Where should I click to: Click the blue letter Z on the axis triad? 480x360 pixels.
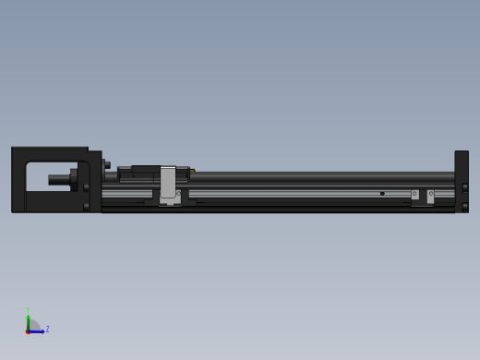click(x=47, y=329)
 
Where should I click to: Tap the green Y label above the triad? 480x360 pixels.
click(x=28, y=310)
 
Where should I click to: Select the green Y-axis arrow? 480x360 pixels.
click(x=28, y=320)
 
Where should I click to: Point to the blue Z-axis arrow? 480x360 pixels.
click(x=39, y=330)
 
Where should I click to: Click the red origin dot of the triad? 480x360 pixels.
click(x=28, y=330)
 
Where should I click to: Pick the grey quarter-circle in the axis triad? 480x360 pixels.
click(x=32, y=326)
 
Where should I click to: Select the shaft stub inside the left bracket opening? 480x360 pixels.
click(x=59, y=178)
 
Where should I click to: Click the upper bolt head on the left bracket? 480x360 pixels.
click(x=86, y=187)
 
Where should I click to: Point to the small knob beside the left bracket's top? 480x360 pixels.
click(x=107, y=165)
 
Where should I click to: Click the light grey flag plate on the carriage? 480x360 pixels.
click(x=168, y=182)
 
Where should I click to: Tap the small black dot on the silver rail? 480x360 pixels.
click(x=382, y=194)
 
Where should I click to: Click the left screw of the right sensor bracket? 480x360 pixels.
click(x=414, y=195)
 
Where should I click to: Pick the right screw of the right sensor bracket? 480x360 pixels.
click(x=430, y=195)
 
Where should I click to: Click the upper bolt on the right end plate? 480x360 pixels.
click(x=464, y=187)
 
